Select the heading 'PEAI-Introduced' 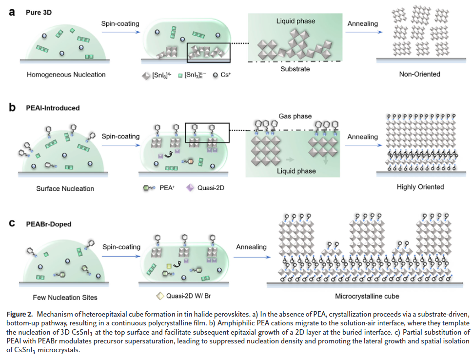coord(52,108)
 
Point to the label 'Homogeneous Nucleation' coord(66,75)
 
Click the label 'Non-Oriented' coord(420,74)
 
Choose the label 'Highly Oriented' coord(420,187)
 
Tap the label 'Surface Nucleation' coord(65,188)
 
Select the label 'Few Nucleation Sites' coord(65,297)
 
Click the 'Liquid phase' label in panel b coord(296,171)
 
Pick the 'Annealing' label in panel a coord(363,23)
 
